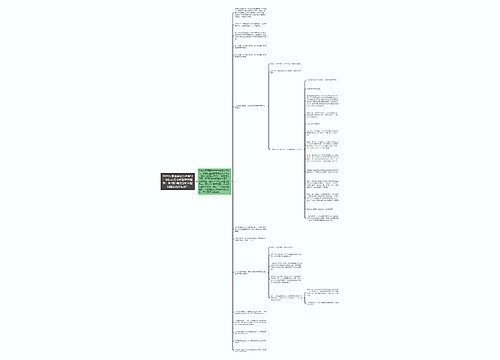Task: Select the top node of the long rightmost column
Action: tap(325, 79)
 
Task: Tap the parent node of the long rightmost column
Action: tap(285, 148)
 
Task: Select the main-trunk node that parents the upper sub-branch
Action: tap(249, 105)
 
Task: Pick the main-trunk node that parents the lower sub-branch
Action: tap(249, 273)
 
